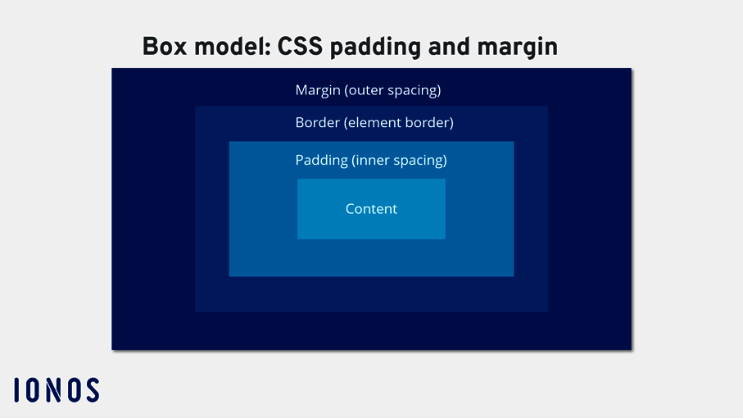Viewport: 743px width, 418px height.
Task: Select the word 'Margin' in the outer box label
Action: [x=317, y=90]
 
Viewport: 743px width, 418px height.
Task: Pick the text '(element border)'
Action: [x=399, y=123]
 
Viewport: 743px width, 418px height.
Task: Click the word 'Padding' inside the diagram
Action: [x=321, y=161]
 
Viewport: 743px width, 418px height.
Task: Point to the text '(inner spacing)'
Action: [x=399, y=161]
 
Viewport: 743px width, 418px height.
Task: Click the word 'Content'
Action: [x=371, y=209]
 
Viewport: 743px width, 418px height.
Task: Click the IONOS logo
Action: [x=57, y=390]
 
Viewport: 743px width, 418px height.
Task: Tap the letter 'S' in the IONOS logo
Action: [x=92, y=390]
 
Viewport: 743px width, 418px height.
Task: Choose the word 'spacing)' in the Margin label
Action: [x=416, y=90]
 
